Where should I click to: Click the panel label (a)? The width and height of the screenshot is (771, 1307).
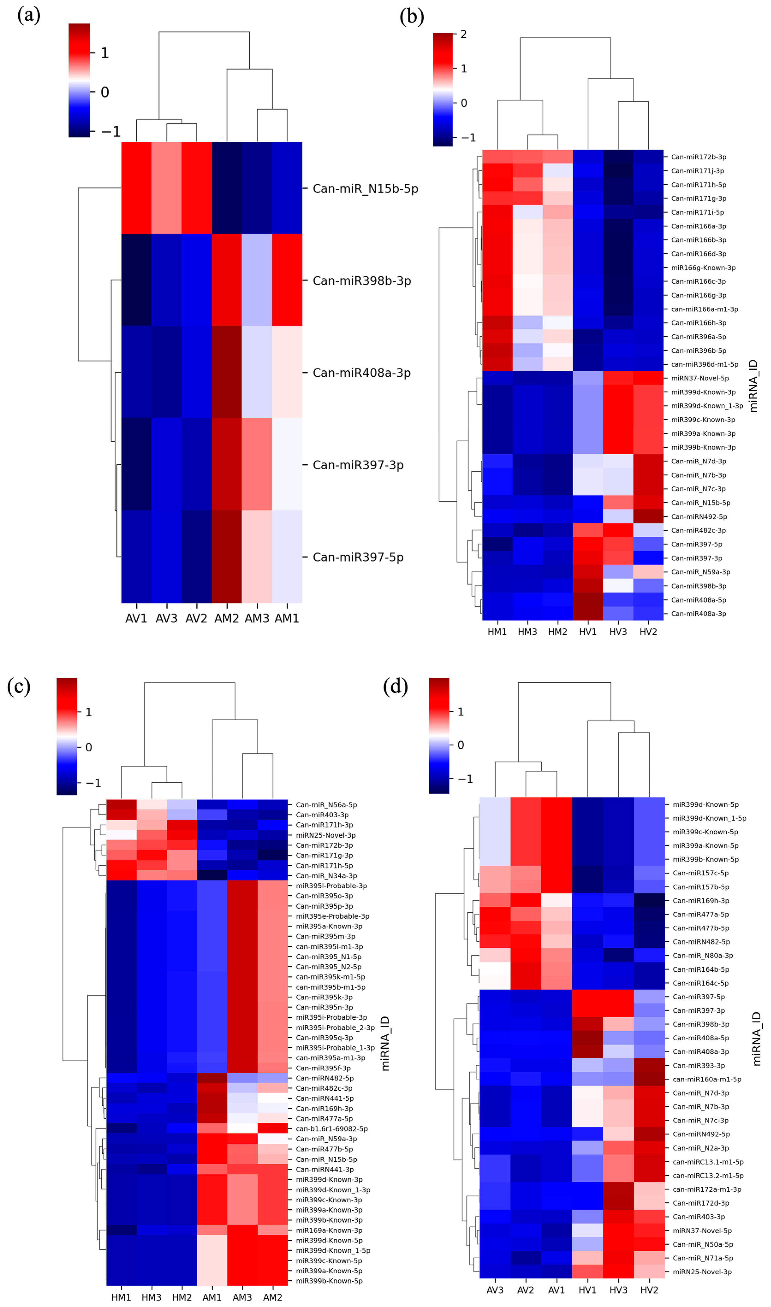coord(29,16)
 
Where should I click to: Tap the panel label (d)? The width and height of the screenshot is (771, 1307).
coord(395,686)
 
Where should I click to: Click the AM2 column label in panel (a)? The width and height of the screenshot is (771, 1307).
coord(226,618)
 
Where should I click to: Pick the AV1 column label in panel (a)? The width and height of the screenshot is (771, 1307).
coord(136,618)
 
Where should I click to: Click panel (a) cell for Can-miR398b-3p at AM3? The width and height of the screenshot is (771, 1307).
coord(257,280)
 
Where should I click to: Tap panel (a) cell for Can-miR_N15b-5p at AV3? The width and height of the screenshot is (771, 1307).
coord(166,188)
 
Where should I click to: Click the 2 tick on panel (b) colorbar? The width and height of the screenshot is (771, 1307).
coord(463,35)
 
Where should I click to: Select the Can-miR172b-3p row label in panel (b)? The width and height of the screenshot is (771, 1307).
coord(698,157)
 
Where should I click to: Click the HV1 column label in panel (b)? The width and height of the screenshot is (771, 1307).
coord(588,632)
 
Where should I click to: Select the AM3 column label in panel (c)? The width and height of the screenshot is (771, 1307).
coord(242,1297)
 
